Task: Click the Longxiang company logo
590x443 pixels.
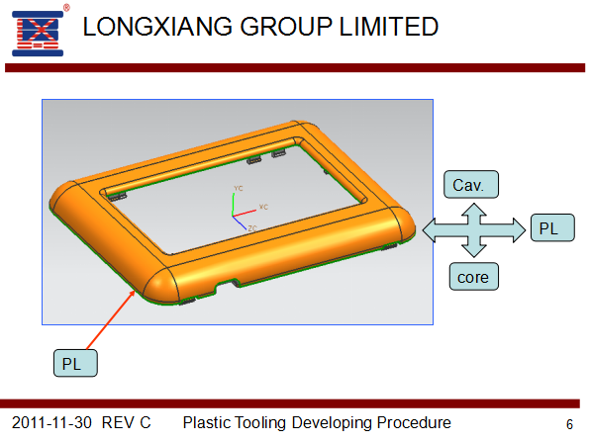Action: coord(38,34)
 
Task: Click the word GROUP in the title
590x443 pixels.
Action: coord(286,27)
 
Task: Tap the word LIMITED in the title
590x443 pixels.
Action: coord(389,27)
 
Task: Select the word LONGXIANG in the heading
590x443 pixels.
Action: coord(157,27)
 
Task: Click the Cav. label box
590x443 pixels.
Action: coord(471,185)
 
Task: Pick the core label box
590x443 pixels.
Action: coord(474,277)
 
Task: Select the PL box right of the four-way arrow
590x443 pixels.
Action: coord(552,227)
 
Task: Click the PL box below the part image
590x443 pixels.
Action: coord(75,363)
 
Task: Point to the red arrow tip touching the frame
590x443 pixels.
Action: coord(135,291)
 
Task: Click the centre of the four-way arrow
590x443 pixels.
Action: coord(474,230)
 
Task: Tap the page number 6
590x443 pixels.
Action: coord(569,424)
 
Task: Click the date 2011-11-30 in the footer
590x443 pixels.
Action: coord(51,422)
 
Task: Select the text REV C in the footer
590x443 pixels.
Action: coord(126,422)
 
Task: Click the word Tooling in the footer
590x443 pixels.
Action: coord(260,423)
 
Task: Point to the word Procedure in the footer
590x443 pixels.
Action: coord(414,422)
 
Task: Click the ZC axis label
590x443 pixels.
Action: coord(252,228)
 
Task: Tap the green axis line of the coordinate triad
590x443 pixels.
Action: coord(234,205)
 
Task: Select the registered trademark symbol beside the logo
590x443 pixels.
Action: coord(66,7)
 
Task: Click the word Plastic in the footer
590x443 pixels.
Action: coord(206,422)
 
